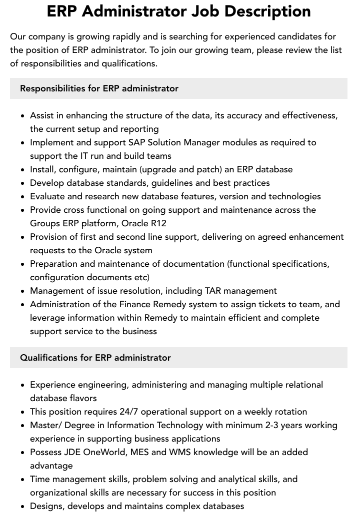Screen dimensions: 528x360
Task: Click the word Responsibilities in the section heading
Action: pos(52,88)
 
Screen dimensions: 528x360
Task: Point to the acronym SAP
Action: pos(137,142)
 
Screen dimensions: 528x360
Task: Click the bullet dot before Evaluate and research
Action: pos(22,197)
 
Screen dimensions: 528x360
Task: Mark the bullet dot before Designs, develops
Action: pos(22,507)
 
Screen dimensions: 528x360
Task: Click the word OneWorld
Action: pos(110,452)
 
